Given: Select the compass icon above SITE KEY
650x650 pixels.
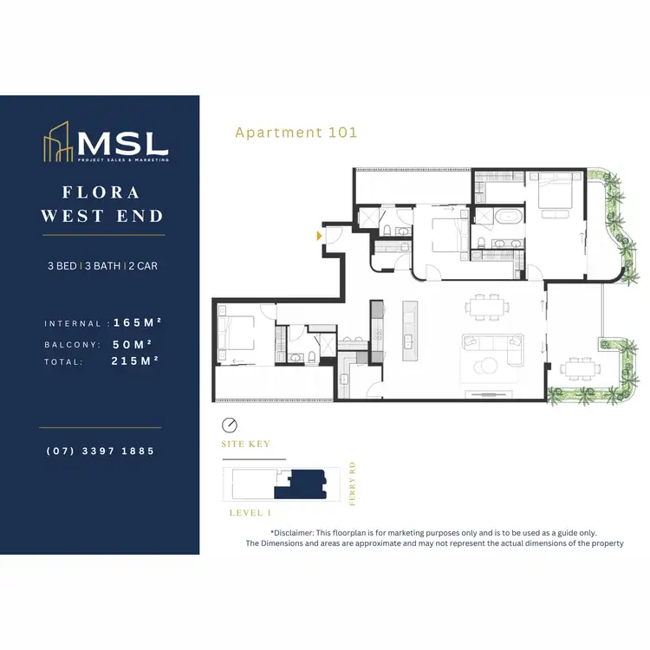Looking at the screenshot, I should [230, 426].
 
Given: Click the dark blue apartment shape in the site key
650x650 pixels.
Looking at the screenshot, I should [302, 484].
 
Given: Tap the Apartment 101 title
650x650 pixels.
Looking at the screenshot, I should [296, 133].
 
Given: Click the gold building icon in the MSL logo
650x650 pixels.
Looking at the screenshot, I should [59, 144].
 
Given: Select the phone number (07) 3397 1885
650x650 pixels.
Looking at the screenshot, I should [102, 452].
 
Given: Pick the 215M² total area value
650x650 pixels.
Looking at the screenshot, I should [138, 361].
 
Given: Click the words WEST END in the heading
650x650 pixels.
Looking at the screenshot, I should [102, 216].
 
